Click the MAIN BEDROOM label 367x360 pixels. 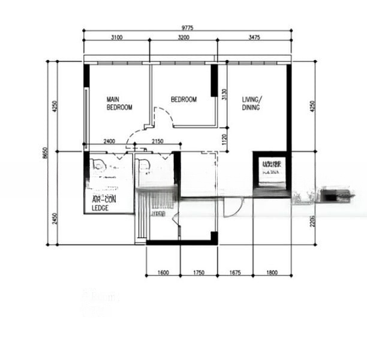pyautogui.click(x=119, y=103)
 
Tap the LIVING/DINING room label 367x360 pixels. pyautogui.click(x=252, y=103)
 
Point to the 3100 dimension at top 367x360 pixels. pyautogui.click(x=116, y=37)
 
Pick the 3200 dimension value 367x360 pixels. pyautogui.click(x=183, y=37)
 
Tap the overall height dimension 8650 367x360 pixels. pyautogui.click(x=47, y=154)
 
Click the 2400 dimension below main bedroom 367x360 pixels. pyautogui.click(x=109, y=142)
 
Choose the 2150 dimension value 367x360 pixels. pyautogui.click(x=158, y=142)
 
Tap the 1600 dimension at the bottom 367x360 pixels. pyautogui.click(x=163, y=273)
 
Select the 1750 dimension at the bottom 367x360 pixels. pyautogui.click(x=198, y=273)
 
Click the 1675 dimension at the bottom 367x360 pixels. pyautogui.click(x=234, y=273)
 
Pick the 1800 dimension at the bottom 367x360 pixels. pyautogui.click(x=271, y=273)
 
